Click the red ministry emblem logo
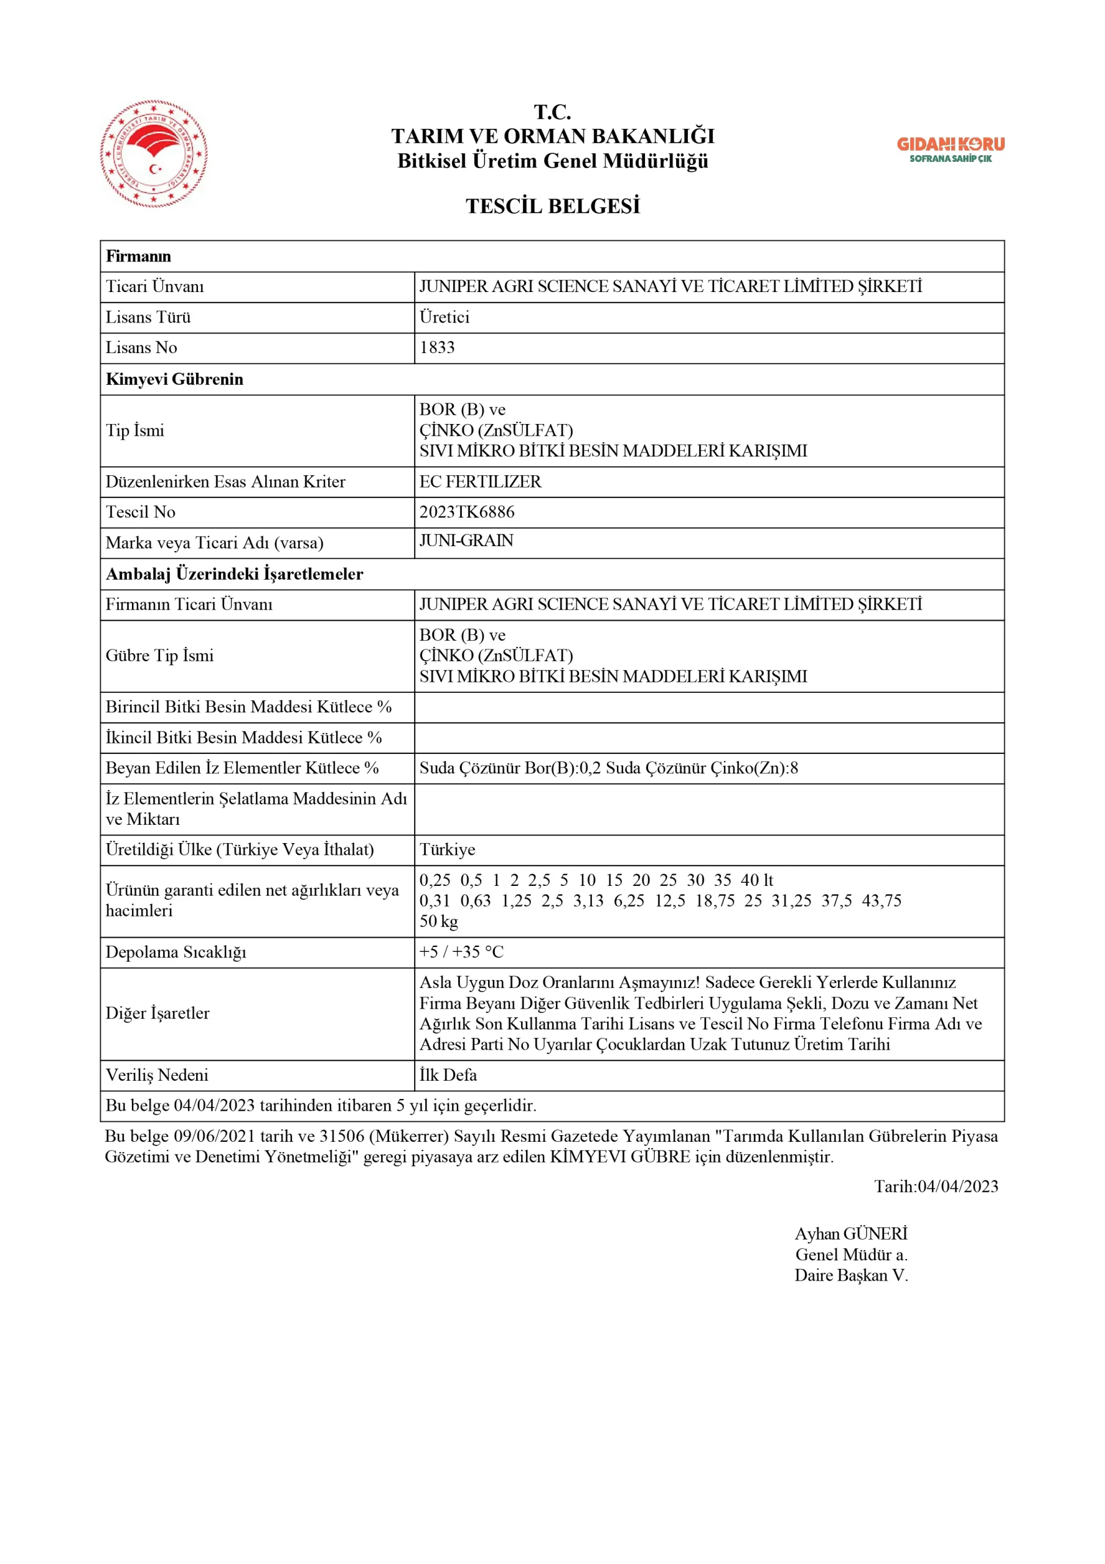(x=154, y=154)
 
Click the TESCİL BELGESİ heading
(x=552, y=206)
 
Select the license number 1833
(x=437, y=348)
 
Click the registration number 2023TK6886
(x=467, y=512)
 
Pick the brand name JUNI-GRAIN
(x=466, y=541)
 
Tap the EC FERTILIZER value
(x=480, y=482)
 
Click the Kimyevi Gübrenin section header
(x=175, y=379)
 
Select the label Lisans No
(x=141, y=348)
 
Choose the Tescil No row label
(x=140, y=512)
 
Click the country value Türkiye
(x=447, y=850)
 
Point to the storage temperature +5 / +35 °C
(x=461, y=952)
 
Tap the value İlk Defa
(x=448, y=1075)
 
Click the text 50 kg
(x=438, y=922)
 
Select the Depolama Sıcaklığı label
(x=176, y=952)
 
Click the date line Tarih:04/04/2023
(x=935, y=1186)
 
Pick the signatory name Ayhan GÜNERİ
(x=851, y=1233)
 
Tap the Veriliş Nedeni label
(x=157, y=1075)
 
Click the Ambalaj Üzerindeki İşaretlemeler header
(x=235, y=574)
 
